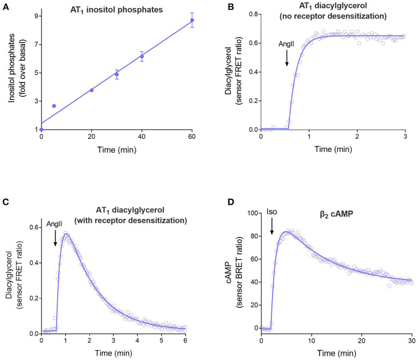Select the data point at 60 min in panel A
coord(192,20)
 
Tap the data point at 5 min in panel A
coord(54,106)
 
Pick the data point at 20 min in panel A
coord(92,90)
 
